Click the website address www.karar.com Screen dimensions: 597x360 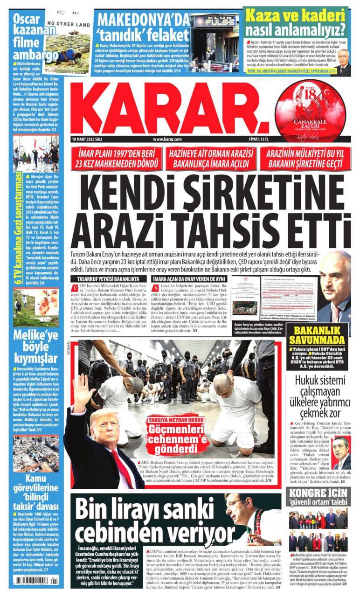pos(167,139)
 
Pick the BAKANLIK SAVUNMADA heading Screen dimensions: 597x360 pos(317,335)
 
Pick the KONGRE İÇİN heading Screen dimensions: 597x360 pos(317,493)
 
